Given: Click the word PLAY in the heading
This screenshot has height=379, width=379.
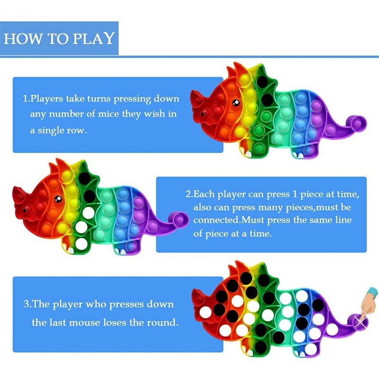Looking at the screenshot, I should click(x=93, y=38).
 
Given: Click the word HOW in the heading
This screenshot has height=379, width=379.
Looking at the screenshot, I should click(x=19, y=38).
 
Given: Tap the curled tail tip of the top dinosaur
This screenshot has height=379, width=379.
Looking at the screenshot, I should click(x=359, y=123).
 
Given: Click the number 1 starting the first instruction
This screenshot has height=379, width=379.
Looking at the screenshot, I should click(x=25, y=99).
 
